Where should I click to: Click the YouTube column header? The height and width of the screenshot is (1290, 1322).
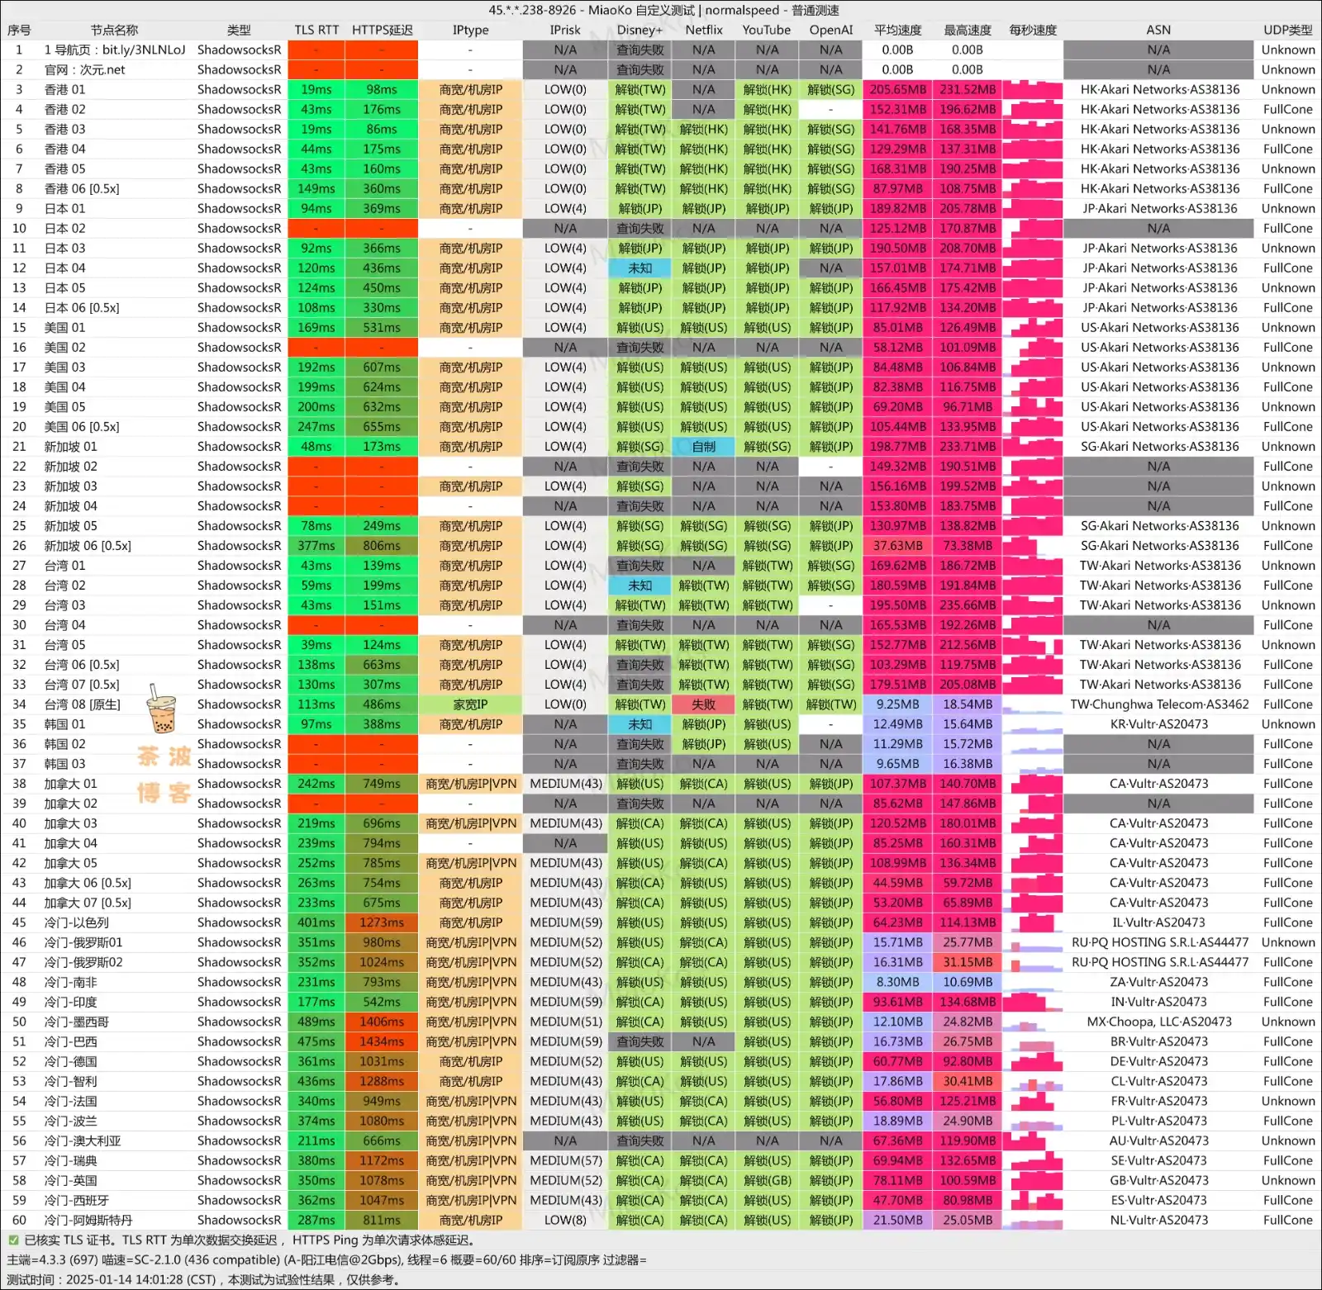click(x=766, y=30)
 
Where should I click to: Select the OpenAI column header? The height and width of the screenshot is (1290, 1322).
click(x=830, y=30)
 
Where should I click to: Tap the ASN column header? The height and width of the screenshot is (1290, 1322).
click(x=1158, y=30)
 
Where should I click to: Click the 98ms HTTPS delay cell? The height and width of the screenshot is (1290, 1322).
click(x=382, y=89)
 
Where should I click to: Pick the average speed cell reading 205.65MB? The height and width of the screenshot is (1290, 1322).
click(x=898, y=89)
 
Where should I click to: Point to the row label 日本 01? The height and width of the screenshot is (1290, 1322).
click(x=64, y=208)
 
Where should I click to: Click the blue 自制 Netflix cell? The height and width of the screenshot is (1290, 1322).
click(x=704, y=446)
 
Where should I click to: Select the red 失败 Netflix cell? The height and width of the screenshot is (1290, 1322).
click(x=704, y=704)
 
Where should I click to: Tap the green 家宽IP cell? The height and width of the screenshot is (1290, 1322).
click(x=470, y=704)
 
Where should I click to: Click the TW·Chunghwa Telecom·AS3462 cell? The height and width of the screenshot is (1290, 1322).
click(x=1158, y=704)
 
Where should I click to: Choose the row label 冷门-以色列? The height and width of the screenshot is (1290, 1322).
click(x=77, y=922)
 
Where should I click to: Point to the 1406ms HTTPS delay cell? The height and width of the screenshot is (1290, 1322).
click(x=382, y=1022)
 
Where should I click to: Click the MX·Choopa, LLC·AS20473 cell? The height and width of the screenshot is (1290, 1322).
click(x=1158, y=1022)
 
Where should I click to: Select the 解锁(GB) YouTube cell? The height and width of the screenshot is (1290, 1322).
click(x=767, y=1180)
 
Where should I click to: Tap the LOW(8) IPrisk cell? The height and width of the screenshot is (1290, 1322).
click(x=565, y=1220)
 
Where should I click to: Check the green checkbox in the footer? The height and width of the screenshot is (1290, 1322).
click(x=13, y=1240)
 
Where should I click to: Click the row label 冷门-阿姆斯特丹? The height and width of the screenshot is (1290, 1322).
click(x=88, y=1220)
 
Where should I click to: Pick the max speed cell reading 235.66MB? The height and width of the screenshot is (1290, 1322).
click(x=968, y=605)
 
